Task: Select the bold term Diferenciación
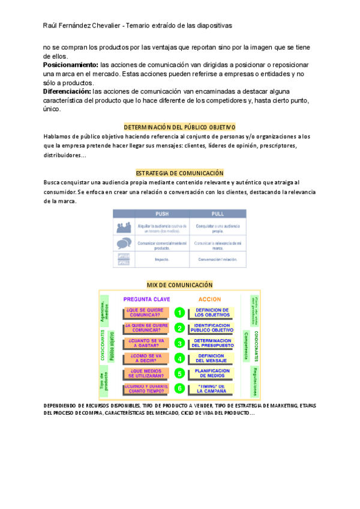pos(66,91)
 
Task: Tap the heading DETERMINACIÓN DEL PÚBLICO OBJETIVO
pos(179,127)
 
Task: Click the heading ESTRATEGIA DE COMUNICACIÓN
pos(179,173)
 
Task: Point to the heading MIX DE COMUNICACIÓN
pos(179,285)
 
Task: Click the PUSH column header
pos(162,214)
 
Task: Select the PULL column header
pos(217,214)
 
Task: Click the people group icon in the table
pos(124,227)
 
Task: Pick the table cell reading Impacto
pos(162,260)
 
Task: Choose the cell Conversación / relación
pos(217,260)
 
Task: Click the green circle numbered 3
pos(179,343)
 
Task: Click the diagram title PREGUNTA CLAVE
pos(146,299)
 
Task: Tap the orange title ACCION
pos(209,299)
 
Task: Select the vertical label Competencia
pos(247,344)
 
